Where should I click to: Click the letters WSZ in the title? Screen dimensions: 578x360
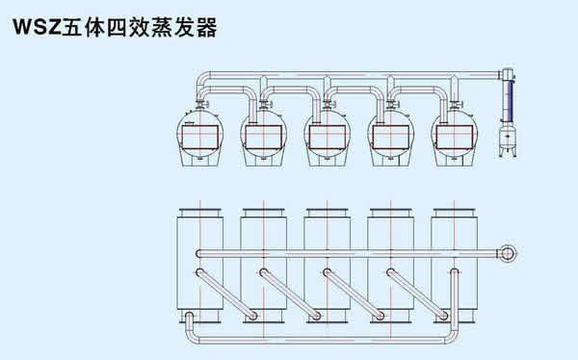click(x=37, y=27)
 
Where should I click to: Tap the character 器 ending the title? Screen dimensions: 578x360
click(x=206, y=27)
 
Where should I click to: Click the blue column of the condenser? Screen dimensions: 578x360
click(x=510, y=101)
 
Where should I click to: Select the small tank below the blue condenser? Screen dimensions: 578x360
click(x=509, y=140)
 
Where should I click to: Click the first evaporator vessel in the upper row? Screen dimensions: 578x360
click(x=199, y=139)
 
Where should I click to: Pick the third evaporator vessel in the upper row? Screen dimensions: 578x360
click(x=327, y=139)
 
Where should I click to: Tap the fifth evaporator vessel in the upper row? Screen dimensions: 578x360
click(x=454, y=139)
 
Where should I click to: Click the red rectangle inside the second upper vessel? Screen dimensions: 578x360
click(x=263, y=137)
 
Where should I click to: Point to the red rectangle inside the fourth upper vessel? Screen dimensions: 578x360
click(x=390, y=137)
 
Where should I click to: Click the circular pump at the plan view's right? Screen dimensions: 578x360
click(x=508, y=253)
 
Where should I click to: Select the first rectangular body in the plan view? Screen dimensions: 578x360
click(x=199, y=266)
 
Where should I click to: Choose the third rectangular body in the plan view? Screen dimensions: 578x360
click(x=327, y=266)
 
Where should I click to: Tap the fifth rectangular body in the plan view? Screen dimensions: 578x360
click(x=454, y=266)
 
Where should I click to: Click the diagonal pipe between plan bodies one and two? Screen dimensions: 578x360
click(x=226, y=294)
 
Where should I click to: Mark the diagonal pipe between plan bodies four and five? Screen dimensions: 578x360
click(x=417, y=294)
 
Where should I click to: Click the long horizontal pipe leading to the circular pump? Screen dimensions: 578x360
click(x=349, y=253)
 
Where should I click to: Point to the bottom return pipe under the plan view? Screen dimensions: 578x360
click(x=321, y=340)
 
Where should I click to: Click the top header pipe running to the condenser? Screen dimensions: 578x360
click(x=349, y=75)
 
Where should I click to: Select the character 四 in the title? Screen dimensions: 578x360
click(x=118, y=27)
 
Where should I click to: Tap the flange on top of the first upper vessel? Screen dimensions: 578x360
click(x=201, y=104)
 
